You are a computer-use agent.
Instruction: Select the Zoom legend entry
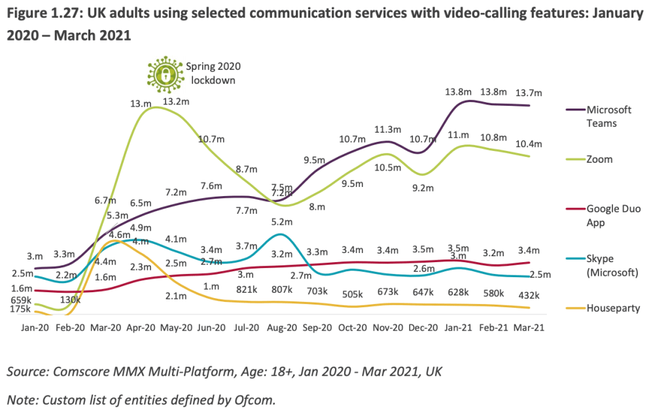click(599, 159)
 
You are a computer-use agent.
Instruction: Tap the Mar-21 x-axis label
click(527, 327)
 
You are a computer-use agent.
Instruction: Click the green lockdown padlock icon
click(163, 71)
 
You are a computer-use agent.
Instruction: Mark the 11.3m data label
click(386, 129)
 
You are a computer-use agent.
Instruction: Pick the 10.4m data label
click(527, 144)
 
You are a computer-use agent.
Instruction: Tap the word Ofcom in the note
click(253, 399)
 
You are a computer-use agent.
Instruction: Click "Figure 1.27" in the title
click(41, 13)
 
